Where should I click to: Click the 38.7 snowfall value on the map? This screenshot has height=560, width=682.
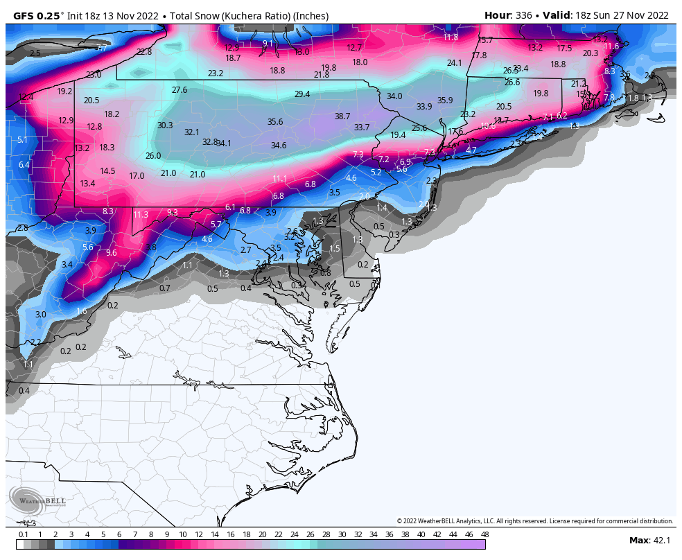pyautogui.click(x=342, y=116)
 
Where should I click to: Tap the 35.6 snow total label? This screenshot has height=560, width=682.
pyautogui.click(x=275, y=122)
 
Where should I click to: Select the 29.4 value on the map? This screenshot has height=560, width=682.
pyautogui.click(x=302, y=94)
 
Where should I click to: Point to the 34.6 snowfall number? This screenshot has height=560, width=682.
pyautogui.click(x=279, y=146)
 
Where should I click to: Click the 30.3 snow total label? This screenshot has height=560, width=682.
pyautogui.click(x=165, y=125)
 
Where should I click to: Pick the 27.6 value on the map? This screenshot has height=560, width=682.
pyautogui.click(x=180, y=90)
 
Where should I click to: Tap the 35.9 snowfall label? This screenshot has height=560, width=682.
pyautogui.click(x=445, y=100)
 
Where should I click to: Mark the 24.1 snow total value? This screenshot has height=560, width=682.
pyautogui.click(x=454, y=63)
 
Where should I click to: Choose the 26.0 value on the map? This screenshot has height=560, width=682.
pyautogui.click(x=153, y=156)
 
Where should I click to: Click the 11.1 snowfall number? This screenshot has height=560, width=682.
pyautogui.click(x=279, y=179)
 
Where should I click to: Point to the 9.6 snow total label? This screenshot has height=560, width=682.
pyautogui.click(x=111, y=253)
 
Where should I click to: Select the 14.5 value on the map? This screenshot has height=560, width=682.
pyautogui.click(x=107, y=171)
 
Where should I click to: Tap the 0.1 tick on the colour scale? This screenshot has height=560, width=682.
pyautogui.click(x=24, y=534)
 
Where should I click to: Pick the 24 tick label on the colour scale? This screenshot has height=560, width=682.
pyautogui.click(x=295, y=534)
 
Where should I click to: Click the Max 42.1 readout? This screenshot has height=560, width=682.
pyautogui.click(x=649, y=541)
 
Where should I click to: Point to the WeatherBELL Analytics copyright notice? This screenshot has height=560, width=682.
pyautogui.click(x=534, y=521)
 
